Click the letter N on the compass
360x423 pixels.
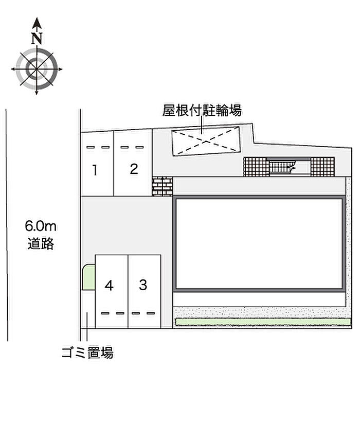tap(37, 39)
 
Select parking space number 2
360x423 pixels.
tap(134, 169)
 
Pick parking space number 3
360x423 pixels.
tap(143, 284)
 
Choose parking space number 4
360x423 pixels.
tap(109, 285)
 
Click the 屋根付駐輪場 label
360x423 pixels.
tap(202, 110)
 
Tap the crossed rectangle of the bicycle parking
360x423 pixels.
tap(206, 139)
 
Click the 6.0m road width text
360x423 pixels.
tap(40, 226)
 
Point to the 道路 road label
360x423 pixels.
tap(41, 243)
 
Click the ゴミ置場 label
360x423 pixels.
tap(87, 353)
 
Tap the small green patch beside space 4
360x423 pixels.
tap(88, 277)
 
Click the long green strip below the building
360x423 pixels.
tap(261, 322)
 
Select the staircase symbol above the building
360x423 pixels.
tap(282, 167)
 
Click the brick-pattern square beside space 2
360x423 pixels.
tap(162, 186)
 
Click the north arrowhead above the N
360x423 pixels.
tap(37, 23)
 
